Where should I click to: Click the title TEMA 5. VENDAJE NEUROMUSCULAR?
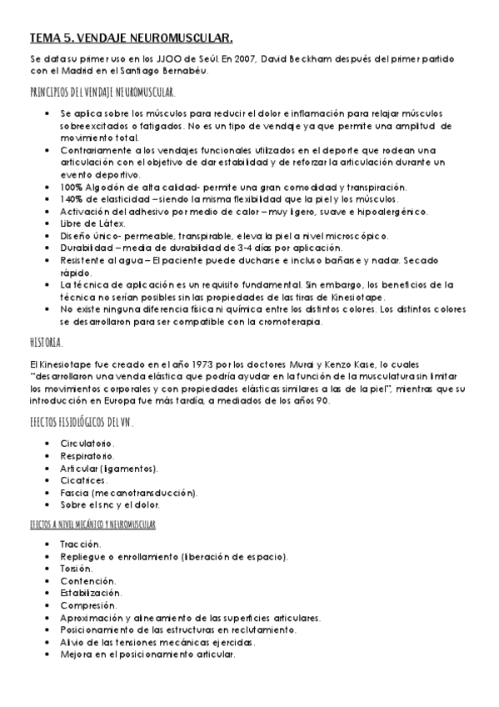coord(131,38)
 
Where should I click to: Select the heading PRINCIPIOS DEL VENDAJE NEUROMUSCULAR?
coord(102,92)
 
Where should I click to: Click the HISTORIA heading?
coord(46,343)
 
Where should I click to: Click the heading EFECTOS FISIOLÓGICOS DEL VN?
coord(82,424)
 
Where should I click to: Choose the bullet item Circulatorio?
coord(87,444)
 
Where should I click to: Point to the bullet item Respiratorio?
coord(87,456)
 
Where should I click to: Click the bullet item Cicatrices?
coord(83,480)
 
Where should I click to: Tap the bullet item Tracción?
coord(80,544)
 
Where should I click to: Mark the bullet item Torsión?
coord(77,568)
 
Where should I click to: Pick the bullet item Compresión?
coord(88,604)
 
